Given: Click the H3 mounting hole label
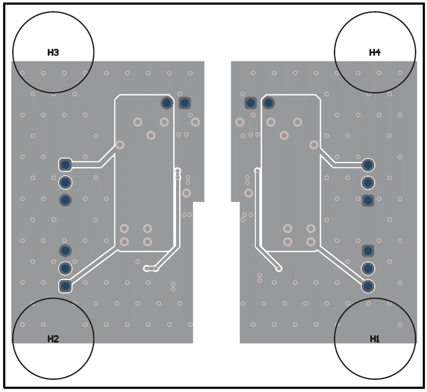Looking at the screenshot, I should (53, 52).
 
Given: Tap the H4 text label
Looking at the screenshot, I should (375, 52).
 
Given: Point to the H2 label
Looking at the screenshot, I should (53, 339).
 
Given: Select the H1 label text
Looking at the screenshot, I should (375, 339).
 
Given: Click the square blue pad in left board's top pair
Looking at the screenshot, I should (185, 103).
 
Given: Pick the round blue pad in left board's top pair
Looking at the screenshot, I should (167, 103).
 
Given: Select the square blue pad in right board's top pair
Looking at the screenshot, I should (251, 103).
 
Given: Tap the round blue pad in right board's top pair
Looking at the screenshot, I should (268, 103).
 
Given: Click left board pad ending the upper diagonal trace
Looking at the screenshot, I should (65, 165).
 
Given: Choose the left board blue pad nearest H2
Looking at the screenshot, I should (65, 286).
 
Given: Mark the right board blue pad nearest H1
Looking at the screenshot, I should (368, 286).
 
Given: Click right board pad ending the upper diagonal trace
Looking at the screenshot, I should (368, 165).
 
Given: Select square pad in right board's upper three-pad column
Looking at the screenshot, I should (368, 200).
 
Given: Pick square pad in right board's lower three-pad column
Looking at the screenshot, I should (368, 251).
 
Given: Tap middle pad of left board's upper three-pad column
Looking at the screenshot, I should (65, 182).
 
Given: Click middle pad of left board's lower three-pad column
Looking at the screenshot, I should (65, 268).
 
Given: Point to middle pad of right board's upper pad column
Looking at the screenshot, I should (368, 182).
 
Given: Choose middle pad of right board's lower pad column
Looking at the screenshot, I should (368, 268).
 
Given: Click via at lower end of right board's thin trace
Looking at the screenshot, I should (279, 269).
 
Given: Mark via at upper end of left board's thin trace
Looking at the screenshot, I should (178, 171).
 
